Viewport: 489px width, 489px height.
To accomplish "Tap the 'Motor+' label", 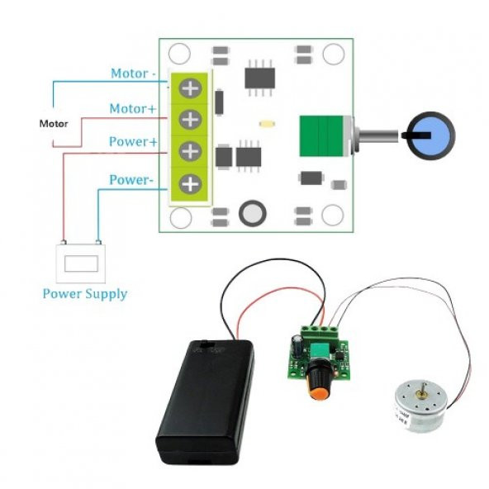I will (x=132, y=108).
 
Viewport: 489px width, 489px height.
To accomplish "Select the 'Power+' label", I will (x=133, y=142).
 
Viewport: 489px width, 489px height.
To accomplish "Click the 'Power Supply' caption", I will (x=84, y=293).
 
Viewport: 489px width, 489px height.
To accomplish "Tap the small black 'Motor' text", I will (x=55, y=124).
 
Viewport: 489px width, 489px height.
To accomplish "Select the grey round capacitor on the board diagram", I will (x=252, y=214).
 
